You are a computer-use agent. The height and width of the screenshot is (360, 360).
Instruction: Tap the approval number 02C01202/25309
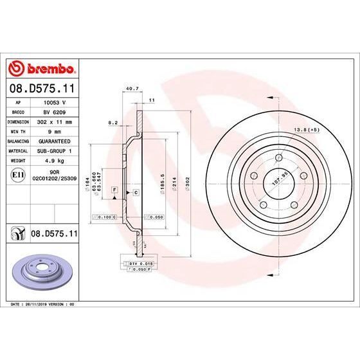click(x=55, y=177)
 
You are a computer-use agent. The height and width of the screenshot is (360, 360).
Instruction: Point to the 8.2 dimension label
click(x=113, y=122)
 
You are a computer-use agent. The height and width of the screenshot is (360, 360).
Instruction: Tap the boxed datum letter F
click(x=114, y=188)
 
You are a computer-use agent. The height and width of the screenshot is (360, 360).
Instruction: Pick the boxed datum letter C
click(x=136, y=192)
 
